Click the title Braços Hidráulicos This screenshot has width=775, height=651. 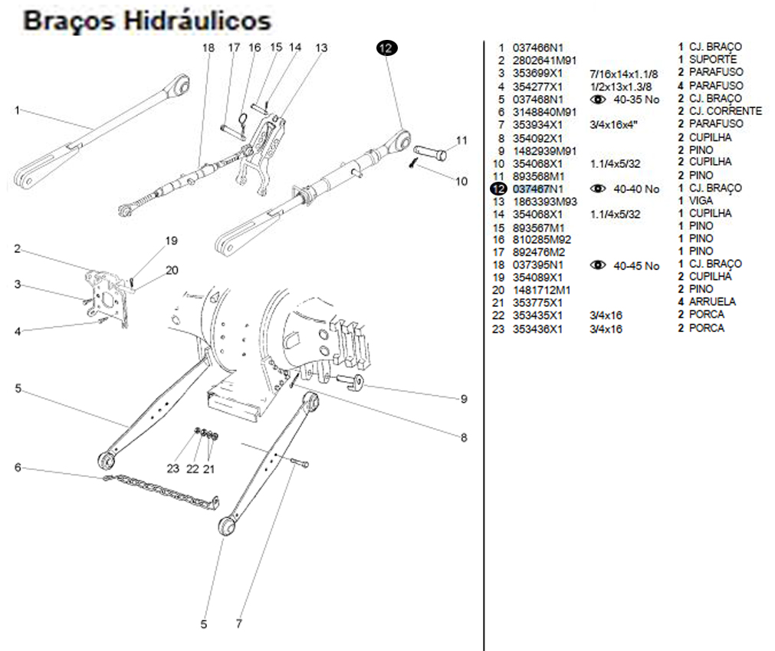pyautogui.click(x=147, y=20)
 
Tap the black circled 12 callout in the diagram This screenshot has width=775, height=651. pyautogui.click(x=386, y=48)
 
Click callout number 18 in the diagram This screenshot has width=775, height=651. pyautogui.click(x=209, y=48)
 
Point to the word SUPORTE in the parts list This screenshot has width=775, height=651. pyautogui.click(x=712, y=59)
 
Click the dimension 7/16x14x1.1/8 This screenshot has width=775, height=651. pyautogui.click(x=623, y=74)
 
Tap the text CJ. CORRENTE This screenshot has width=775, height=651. pyautogui.click(x=725, y=111)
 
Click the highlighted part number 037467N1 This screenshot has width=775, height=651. pyautogui.click(x=537, y=189)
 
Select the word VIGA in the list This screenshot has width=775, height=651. pyautogui.click(x=701, y=201)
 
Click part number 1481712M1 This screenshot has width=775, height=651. pyautogui.click(x=542, y=290)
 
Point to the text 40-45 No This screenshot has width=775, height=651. pyautogui.click(x=636, y=266)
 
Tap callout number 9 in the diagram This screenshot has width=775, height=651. pyautogui.click(x=463, y=399)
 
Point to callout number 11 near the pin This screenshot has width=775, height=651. pyautogui.click(x=461, y=140)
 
